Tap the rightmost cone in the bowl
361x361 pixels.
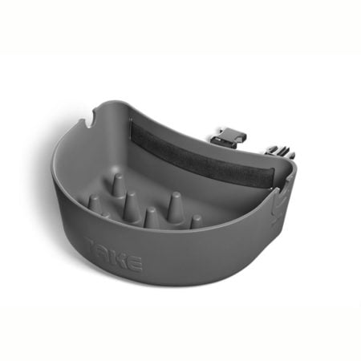click(195, 221)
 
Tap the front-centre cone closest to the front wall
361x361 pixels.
click(151, 217)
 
